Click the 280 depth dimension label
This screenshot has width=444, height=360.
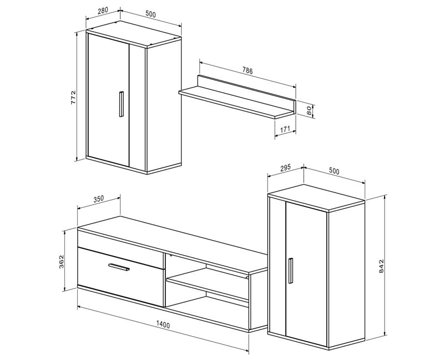[x=103, y=11]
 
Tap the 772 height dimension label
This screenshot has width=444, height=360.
[x=73, y=98]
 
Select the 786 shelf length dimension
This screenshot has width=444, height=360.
[x=247, y=70]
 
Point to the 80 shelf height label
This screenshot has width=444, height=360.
[x=310, y=110]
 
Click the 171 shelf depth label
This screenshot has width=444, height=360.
[x=285, y=129]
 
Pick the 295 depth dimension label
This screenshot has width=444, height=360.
[x=285, y=168]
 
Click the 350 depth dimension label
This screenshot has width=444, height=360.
[x=99, y=199]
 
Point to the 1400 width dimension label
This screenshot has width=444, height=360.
[x=163, y=325]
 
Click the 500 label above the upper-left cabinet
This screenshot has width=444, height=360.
[x=150, y=14]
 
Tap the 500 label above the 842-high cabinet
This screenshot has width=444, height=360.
[x=334, y=171]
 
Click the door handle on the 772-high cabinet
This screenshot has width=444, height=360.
[x=121, y=104]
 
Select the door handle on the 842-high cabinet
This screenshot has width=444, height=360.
[x=290, y=271]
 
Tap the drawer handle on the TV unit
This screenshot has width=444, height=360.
[x=119, y=267]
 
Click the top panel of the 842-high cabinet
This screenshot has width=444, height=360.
[x=316, y=197]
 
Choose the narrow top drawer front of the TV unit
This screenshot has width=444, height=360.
[x=120, y=249]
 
